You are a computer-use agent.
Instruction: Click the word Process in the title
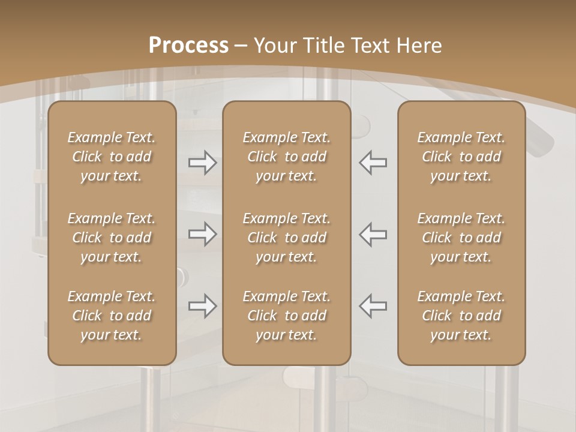tap(188, 46)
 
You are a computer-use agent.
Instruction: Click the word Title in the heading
tap(322, 46)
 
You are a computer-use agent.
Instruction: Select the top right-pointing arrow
tap(203, 163)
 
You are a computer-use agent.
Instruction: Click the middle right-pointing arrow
tap(203, 234)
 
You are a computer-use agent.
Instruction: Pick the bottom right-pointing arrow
tap(203, 307)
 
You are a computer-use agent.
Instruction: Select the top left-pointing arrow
tap(373, 163)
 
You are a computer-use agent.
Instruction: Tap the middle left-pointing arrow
tap(373, 234)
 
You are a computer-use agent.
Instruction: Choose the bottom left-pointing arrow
tap(373, 307)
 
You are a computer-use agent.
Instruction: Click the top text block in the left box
tap(112, 157)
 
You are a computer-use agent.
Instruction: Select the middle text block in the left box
tap(112, 238)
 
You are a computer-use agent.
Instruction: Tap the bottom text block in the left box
tap(112, 316)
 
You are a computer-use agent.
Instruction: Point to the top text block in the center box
tap(287, 157)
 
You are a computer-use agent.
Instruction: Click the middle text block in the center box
tap(287, 238)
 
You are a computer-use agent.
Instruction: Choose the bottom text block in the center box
tap(287, 316)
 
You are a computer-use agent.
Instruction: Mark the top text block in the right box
tap(461, 157)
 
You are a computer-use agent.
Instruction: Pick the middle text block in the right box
tap(461, 238)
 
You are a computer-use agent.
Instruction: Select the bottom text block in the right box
tap(461, 316)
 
